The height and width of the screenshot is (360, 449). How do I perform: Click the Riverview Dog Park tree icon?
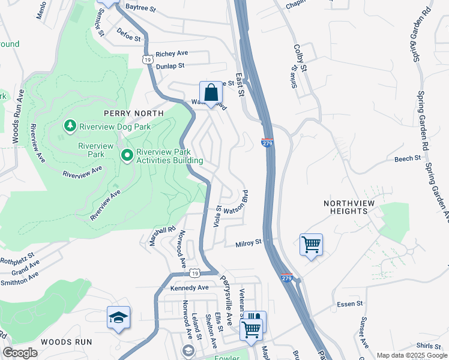(70, 125)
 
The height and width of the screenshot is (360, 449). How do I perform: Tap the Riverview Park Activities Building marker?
(127, 156)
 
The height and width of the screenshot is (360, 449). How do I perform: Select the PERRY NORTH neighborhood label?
(133, 113)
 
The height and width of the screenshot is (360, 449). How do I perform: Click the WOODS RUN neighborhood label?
(66, 341)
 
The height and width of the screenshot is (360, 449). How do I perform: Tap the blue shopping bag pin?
(211, 93)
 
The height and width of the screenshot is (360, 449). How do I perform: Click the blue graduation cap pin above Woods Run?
(118, 317)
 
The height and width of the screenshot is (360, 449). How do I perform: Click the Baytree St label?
(140, 9)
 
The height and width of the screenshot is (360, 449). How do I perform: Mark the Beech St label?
(408, 158)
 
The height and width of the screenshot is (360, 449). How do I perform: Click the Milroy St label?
(249, 243)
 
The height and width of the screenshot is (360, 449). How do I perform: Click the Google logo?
(20, 353)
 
